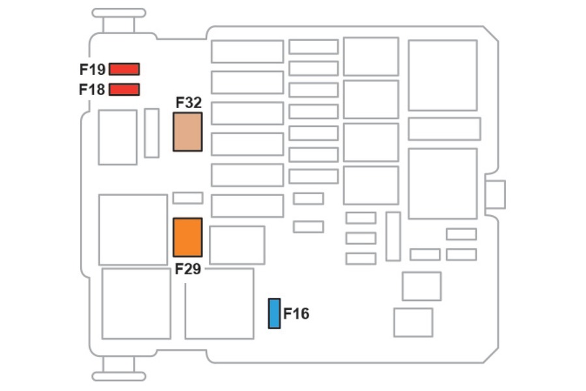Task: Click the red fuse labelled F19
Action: point(124,69)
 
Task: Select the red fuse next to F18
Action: point(124,89)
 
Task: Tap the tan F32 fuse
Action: point(188,132)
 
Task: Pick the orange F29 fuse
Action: point(188,237)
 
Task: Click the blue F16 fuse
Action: point(274,313)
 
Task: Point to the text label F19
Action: point(92,70)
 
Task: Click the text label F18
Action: point(92,90)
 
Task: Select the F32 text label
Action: point(189,102)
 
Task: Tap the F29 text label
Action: point(188,269)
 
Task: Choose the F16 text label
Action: point(296,313)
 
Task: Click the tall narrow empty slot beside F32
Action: point(152,133)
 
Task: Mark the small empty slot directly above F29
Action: point(188,198)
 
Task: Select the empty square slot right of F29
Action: point(237,245)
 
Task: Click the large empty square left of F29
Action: point(133,229)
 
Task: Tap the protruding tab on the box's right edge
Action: point(495,195)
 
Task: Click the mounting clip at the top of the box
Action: point(119,21)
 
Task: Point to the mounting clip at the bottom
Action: point(119,369)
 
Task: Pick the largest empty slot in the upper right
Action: point(443,75)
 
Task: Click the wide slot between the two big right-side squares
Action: point(444,129)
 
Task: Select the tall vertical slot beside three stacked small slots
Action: point(393,236)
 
